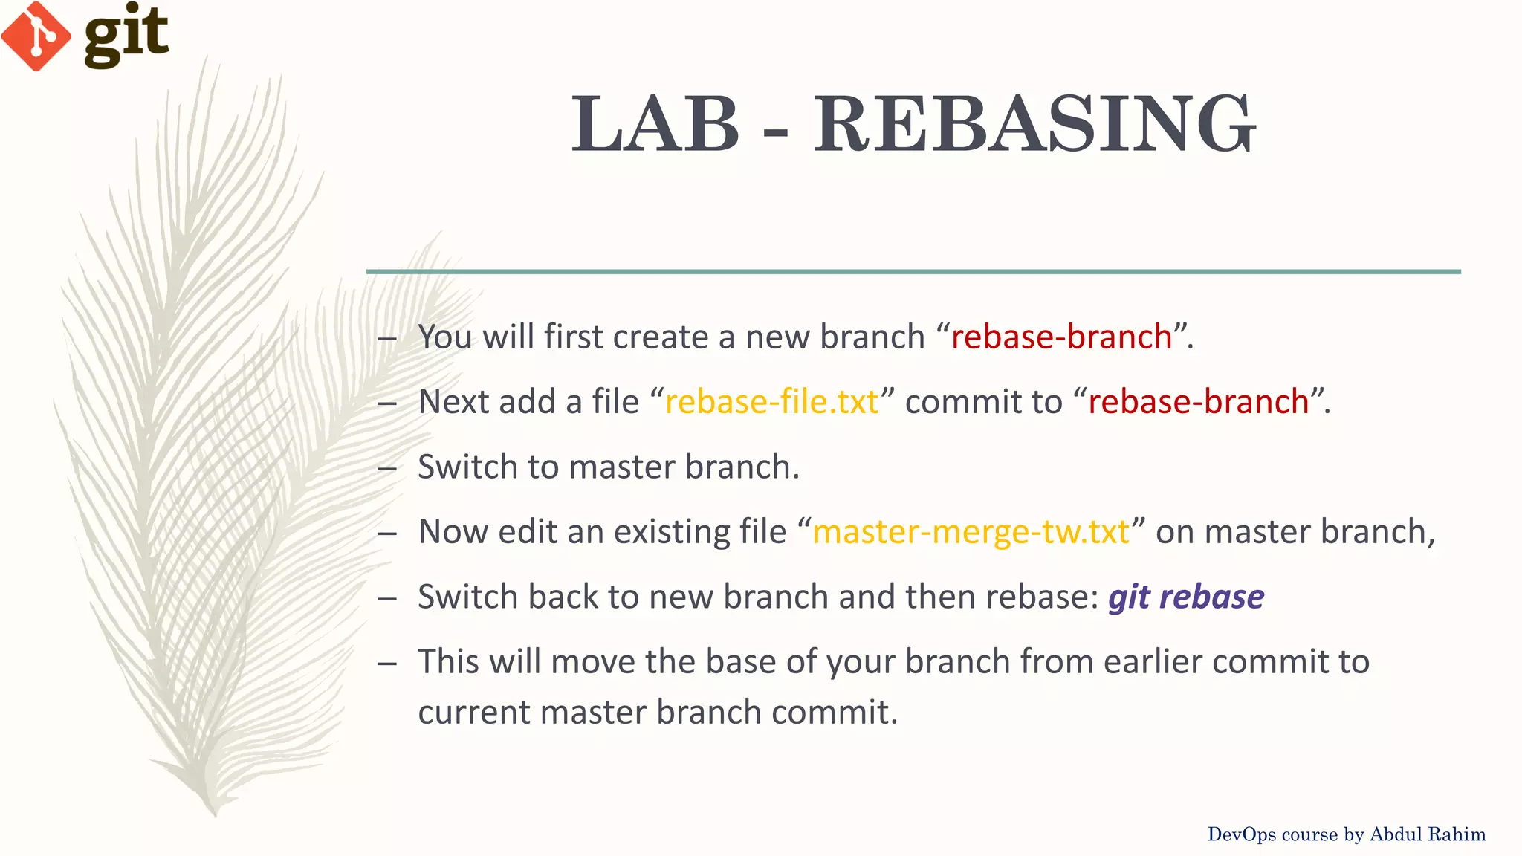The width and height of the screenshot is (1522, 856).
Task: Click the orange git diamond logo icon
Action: tap(36, 36)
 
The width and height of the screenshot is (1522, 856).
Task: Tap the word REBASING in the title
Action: tap(1034, 124)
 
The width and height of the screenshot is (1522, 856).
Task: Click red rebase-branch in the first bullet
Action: tap(1061, 337)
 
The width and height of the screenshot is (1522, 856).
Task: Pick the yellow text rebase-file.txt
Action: tap(771, 402)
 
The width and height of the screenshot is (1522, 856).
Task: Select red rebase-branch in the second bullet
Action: tap(1198, 402)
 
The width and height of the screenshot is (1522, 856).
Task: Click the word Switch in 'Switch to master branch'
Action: tap(467, 467)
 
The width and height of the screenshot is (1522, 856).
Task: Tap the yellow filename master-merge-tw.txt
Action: tap(971, 532)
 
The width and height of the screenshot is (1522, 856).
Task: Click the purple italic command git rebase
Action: tap(1185, 597)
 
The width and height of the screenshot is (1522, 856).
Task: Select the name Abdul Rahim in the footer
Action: tap(1428, 834)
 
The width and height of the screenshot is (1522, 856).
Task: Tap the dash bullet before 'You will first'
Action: tap(386, 338)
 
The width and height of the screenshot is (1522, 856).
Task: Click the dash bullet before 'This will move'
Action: tap(386, 663)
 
